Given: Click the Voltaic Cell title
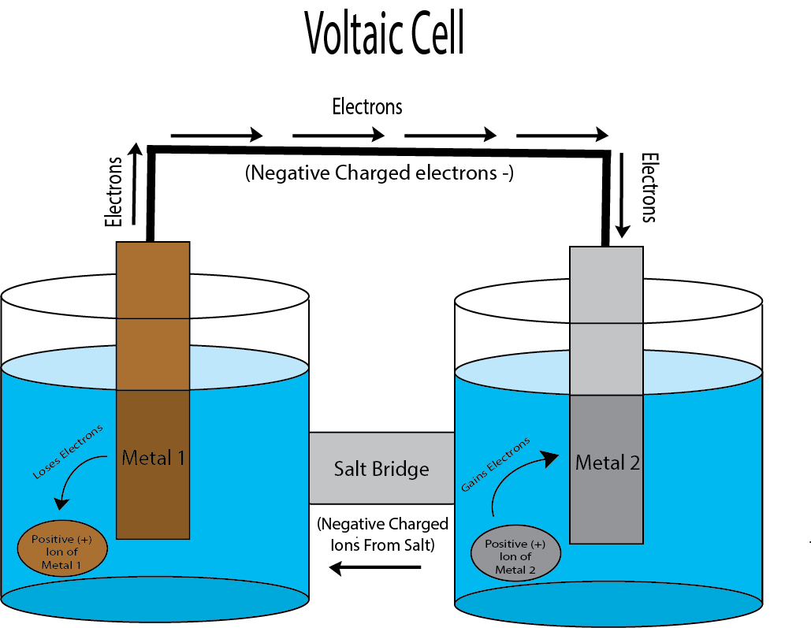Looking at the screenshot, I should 384,34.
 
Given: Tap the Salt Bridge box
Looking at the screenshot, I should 381,468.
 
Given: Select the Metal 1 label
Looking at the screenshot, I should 153,458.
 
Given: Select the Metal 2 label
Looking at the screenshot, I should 607,462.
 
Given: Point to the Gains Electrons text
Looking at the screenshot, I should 495,466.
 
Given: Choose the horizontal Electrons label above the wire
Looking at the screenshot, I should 367,106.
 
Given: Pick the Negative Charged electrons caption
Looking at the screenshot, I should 380,173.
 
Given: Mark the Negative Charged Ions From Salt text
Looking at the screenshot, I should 382,533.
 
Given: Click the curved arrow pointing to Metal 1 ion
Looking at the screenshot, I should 75,485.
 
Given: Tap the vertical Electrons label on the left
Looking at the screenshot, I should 115,192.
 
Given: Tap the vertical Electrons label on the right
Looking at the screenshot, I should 648,188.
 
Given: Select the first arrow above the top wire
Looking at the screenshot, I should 216,136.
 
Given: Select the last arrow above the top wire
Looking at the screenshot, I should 562,136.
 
